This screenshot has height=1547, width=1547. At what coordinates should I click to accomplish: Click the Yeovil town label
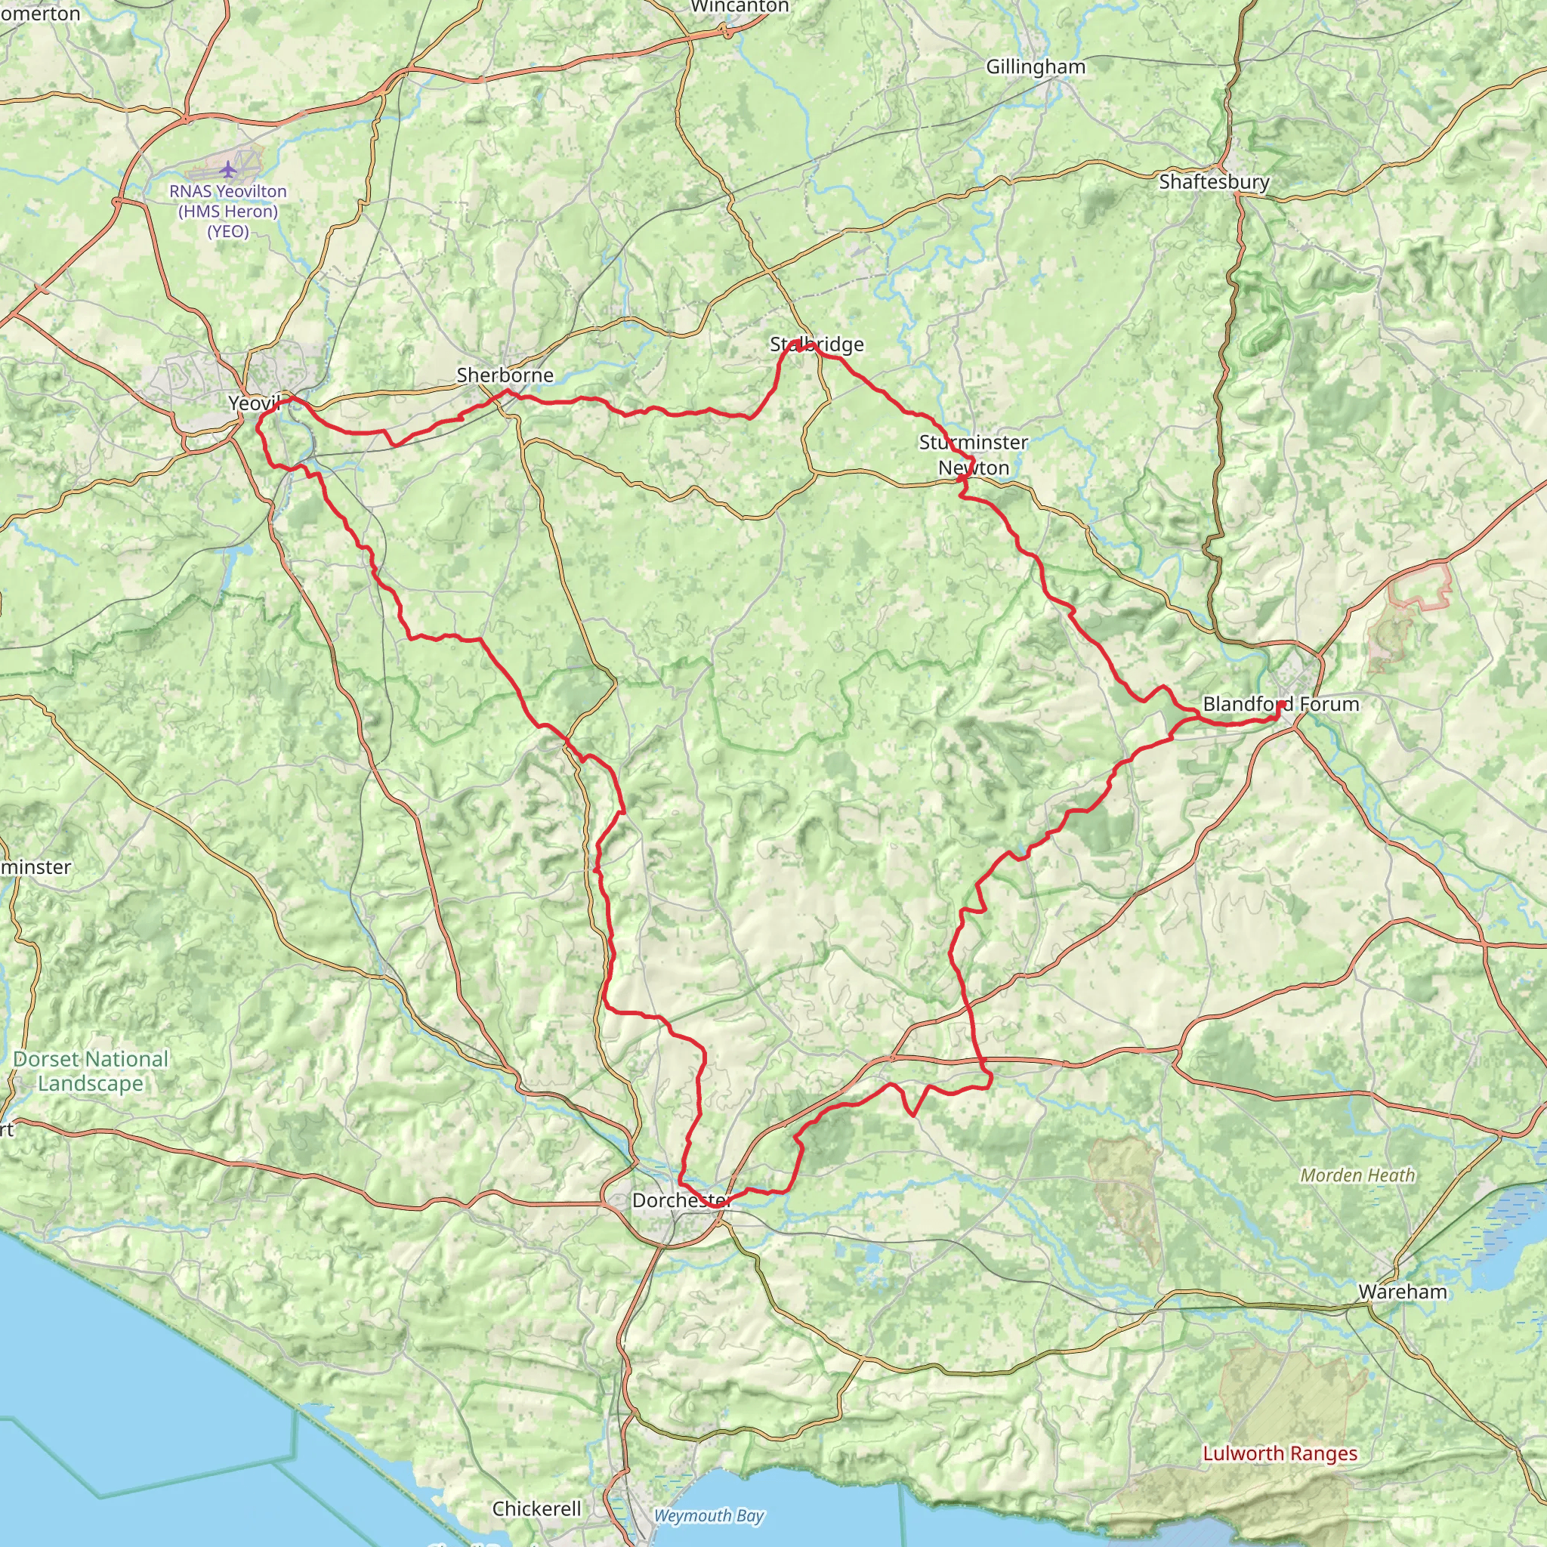[253, 403]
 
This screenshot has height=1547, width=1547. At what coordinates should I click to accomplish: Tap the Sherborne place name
[505, 375]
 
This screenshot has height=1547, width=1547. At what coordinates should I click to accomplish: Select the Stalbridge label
[817, 344]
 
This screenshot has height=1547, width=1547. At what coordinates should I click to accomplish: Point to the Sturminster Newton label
[973, 455]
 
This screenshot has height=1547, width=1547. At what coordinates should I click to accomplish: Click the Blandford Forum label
[1280, 705]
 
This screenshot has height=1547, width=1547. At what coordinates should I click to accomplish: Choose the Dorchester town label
[681, 1200]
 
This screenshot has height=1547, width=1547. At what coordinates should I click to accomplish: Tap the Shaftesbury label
[1214, 182]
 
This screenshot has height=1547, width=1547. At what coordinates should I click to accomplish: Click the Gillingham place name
[1036, 66]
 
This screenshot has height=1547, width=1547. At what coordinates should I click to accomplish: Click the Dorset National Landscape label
[91, 1070]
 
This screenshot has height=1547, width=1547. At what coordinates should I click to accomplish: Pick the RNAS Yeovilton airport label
[227, 212]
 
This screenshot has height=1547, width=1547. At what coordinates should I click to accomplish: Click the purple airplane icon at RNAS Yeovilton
[228, 169]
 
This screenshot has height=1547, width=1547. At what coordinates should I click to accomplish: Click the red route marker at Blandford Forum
[1281, 705]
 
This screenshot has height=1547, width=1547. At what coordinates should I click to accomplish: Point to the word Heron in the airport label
[251, 212]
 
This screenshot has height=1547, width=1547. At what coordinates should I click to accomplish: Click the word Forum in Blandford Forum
[1329, 705]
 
